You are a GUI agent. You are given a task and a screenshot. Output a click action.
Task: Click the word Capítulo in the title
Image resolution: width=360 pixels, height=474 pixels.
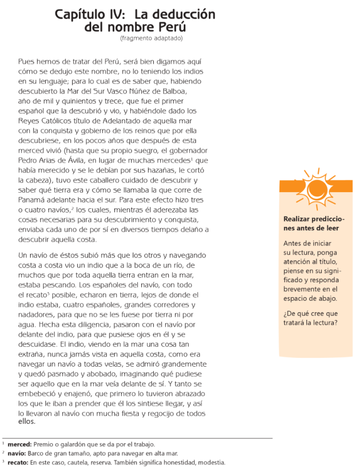81,15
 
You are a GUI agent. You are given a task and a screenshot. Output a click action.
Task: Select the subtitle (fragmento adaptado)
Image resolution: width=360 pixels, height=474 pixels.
151,38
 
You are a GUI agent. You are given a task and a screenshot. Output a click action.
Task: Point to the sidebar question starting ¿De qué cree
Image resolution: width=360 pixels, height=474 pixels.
310,318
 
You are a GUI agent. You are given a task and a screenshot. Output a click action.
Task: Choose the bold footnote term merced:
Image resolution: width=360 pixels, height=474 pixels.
19,444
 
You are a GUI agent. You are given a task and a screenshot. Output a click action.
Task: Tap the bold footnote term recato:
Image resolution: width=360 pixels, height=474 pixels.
18,462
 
